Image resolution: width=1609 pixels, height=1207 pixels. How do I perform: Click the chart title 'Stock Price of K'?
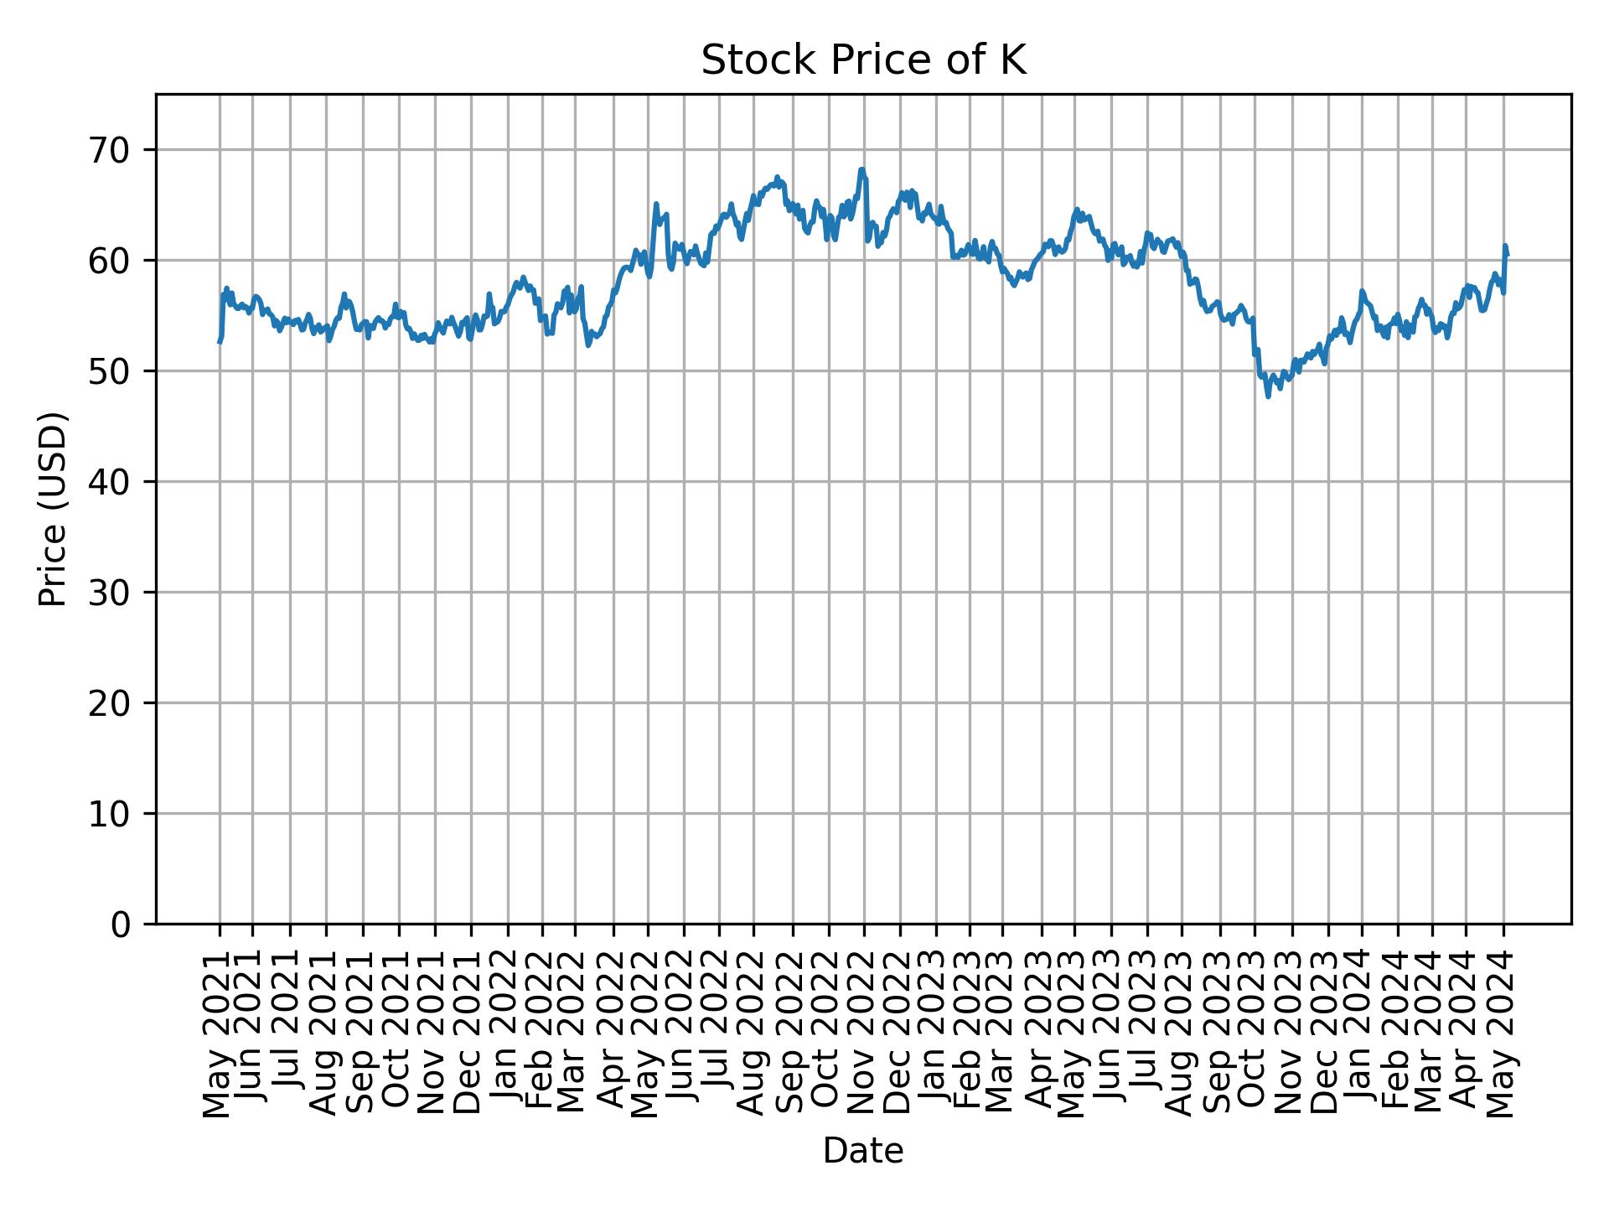tap(863, 60)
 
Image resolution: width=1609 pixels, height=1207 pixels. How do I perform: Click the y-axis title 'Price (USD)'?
tap(53, 509)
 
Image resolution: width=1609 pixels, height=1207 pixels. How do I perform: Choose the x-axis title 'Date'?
tap(863, 1152)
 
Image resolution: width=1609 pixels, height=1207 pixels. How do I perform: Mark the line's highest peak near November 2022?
tap(861, 169)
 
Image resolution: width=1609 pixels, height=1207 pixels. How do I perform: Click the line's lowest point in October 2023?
tap(1268, 396)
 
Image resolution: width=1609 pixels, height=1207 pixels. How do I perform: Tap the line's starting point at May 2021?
tap(220, 342)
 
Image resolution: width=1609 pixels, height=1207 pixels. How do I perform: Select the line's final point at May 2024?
tap(1508, 255)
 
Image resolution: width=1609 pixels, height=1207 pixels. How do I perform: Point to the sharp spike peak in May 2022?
tap(656, 204)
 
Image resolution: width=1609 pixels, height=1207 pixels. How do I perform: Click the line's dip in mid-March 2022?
tap(588, 344)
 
